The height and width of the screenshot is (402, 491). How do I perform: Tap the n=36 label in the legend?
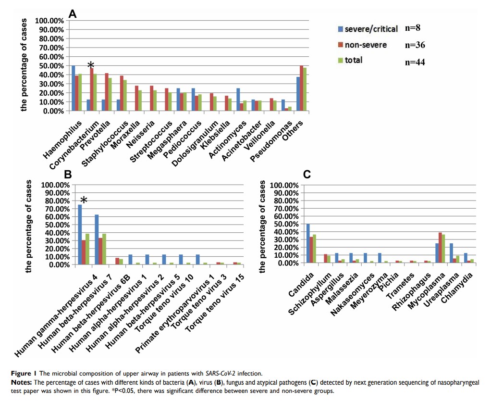(415, 45)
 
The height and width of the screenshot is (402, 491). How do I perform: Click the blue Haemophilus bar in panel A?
(74, 88)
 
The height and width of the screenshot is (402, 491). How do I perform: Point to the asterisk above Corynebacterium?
(90, 66)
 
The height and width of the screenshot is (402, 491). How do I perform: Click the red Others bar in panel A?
(301, 88)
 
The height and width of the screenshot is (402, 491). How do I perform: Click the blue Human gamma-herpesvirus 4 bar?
(80, 235)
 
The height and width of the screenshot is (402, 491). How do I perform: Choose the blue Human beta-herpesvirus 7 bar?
(97, 239)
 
